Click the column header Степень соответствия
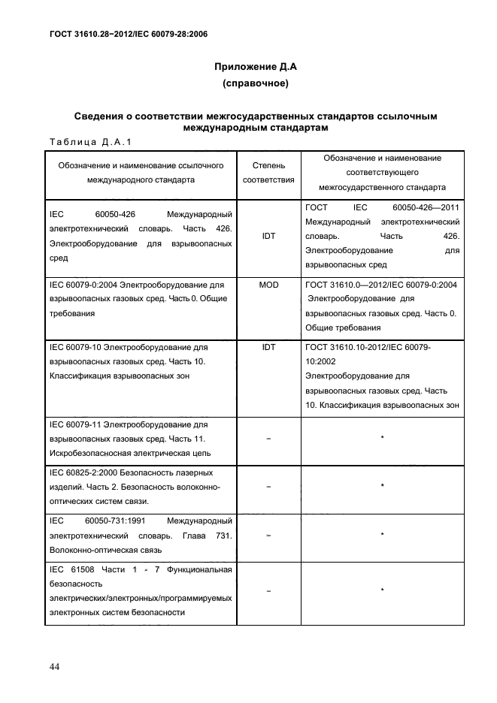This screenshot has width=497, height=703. tap(268, 173)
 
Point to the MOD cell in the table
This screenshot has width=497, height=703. tap(268, 285)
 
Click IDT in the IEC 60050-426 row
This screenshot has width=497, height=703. tap(268, 236)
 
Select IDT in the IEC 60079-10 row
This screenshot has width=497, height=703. tap(268, 348)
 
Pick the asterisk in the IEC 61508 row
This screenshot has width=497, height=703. tap(383, 591)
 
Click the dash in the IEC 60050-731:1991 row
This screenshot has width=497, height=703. tap(268, 536)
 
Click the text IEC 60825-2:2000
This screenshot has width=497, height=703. tap(83, 472)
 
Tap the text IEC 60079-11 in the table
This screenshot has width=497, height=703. tap(74, 424)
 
